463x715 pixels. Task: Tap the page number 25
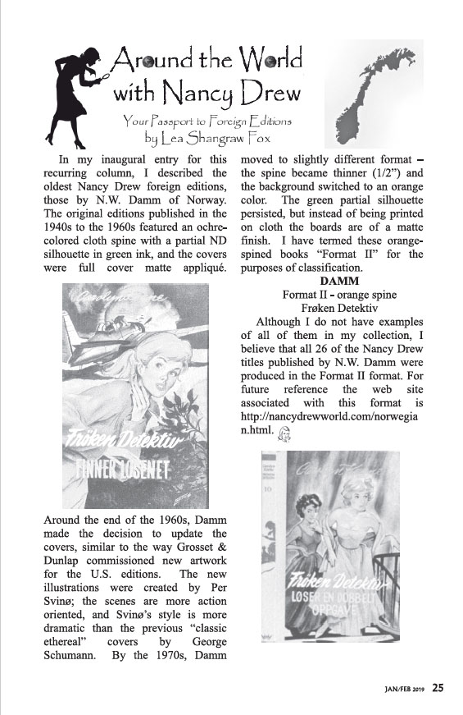tap(438, 688)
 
